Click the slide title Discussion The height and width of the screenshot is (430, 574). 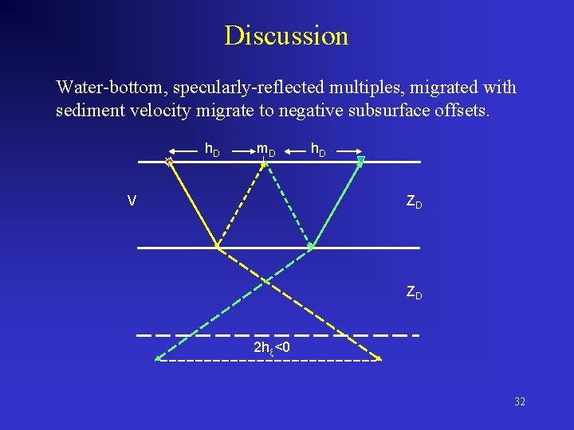[286, 36]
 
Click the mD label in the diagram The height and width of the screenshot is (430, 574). [265, 149]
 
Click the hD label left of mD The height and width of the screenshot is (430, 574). [213, 149]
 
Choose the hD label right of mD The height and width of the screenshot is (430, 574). [317, 149]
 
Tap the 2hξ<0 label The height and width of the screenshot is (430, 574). [271, 348]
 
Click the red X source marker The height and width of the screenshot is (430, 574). [168, 162]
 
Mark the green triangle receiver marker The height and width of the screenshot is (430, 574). [360, 162]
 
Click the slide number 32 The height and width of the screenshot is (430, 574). [520, 401]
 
